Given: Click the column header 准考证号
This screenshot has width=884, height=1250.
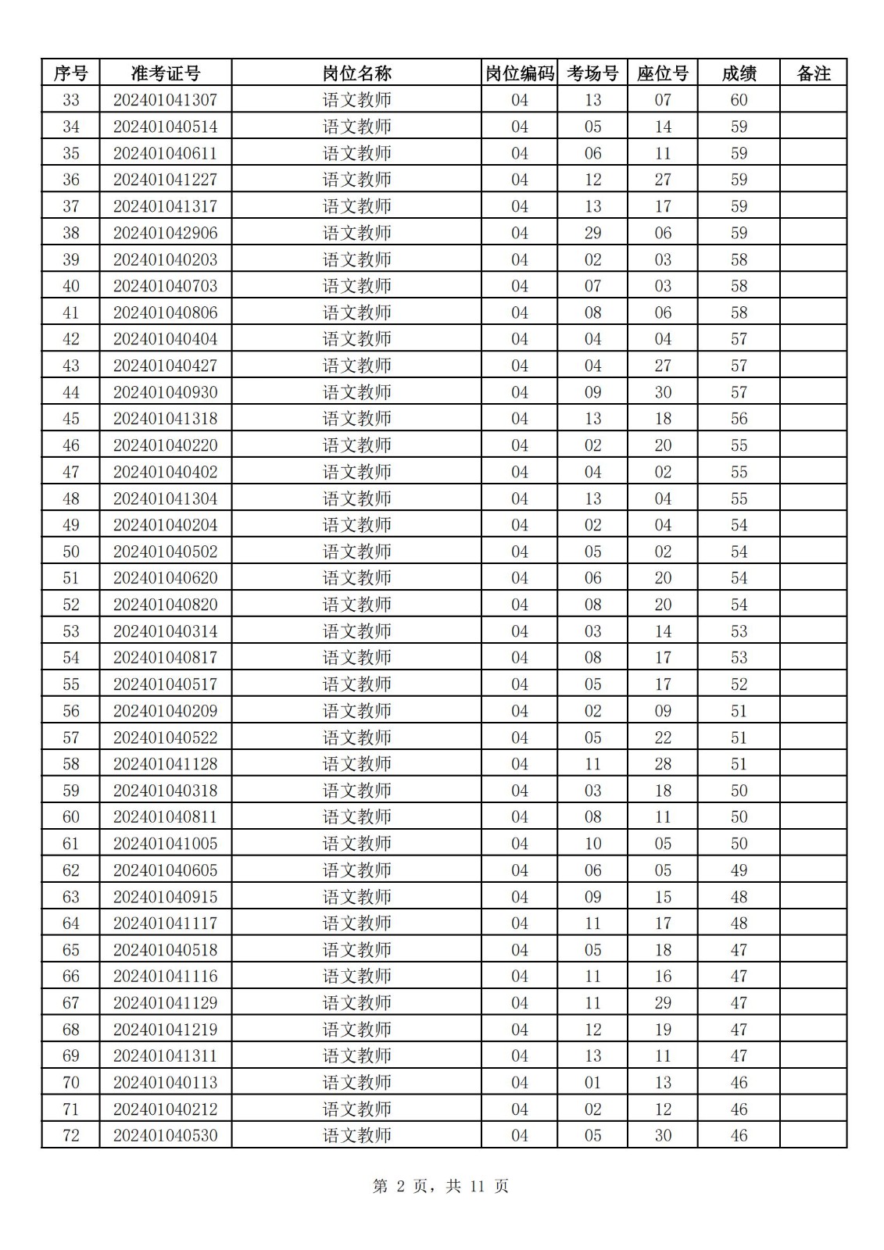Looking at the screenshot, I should tap(165, 73).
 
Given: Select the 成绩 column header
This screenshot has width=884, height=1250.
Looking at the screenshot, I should tap(739, 73).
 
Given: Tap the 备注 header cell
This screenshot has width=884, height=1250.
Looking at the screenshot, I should tap(813, 73).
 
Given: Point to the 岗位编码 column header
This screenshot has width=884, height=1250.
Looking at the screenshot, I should tap(519, 73).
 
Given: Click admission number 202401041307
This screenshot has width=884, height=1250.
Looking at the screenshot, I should tap(165, 100).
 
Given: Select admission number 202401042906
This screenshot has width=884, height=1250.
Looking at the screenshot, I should tap(165, 233).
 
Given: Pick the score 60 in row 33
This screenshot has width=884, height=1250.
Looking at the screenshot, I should tap(739, 100).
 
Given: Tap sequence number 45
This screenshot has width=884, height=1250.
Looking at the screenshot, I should tap(70, 419).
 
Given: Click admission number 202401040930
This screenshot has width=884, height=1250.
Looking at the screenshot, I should tap(165, 392).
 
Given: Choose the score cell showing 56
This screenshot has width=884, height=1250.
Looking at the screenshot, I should tap(739, 419).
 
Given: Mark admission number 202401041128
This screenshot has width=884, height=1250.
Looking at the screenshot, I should tap(165, 764).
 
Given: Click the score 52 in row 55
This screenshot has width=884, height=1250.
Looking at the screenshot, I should tap(739, 684).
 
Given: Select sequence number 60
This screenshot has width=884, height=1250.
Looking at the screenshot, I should tap(70, 817).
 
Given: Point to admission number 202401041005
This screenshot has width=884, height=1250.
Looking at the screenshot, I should tap(165, 844).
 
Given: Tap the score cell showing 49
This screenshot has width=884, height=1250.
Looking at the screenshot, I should tap(739, 870).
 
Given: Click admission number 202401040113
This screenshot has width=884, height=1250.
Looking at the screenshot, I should tap(165, 1083).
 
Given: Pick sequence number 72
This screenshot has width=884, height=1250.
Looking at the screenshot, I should tap(70, 1136).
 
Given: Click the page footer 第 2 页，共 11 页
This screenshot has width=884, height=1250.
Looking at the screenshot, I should tap(441, 1186).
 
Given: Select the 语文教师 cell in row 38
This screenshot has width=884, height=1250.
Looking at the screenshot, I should tap(356, 233).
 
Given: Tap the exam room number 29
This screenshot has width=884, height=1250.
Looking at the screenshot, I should tap(592, 233).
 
